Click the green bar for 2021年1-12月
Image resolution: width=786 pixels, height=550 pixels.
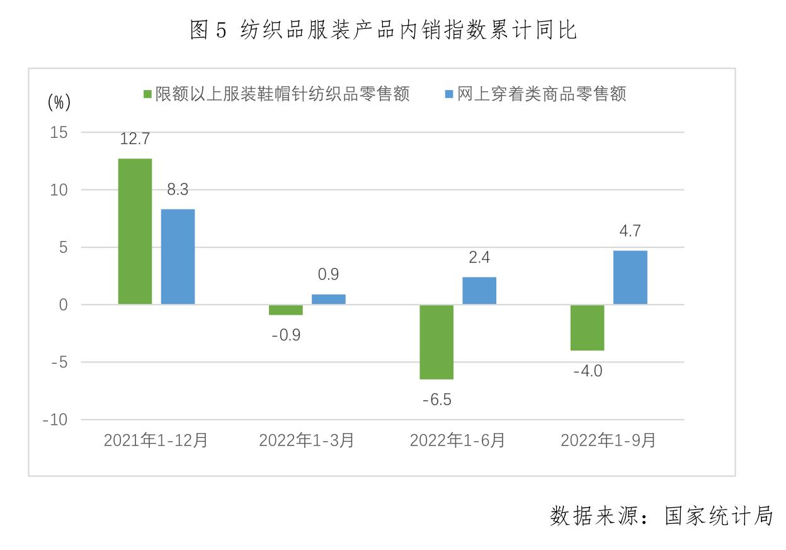(135, 232)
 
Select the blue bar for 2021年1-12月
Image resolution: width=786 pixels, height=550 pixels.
(178, 257)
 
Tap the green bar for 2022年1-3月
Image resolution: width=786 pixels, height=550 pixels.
(286, 310)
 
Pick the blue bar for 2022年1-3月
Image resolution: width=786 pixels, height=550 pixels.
(329, 300)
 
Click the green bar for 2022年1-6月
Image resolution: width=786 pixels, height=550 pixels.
(436, 342)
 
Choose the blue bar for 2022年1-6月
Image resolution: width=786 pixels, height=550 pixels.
(479, 291)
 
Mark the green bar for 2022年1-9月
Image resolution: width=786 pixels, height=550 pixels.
(588, 327)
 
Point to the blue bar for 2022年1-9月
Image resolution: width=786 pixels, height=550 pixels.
(630, 278)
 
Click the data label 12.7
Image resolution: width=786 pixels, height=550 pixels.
(135, 139)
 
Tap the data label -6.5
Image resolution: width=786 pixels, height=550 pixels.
(437, 400)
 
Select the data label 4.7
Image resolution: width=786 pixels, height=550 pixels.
(630, 231)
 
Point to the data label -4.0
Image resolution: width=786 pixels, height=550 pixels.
(588, 371)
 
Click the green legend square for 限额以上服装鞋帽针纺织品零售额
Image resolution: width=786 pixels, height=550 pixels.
(147, 95)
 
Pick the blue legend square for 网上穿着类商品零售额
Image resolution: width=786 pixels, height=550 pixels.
(449, 95)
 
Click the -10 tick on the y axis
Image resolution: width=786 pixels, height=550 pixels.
(55, 420)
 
